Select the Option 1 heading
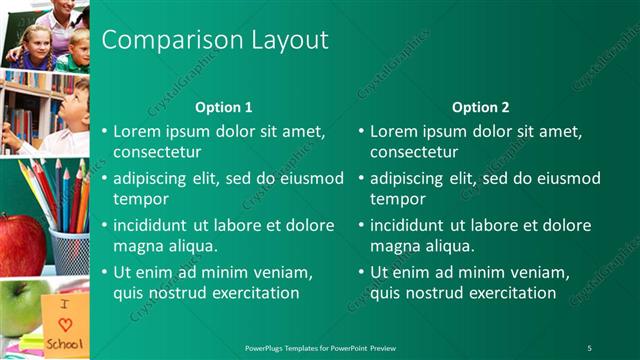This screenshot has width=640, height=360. (224, 107)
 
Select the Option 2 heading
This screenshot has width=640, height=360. (481, 107)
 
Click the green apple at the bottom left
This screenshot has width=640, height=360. (20, 305)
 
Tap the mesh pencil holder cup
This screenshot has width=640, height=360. (70, 251)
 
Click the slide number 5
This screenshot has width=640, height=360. (589, 347)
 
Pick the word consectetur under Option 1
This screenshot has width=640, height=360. (157, 152)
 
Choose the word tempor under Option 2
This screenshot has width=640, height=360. (398, 198)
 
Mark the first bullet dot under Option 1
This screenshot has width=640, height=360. (105, 131)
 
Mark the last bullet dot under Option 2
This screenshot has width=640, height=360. (362, 272)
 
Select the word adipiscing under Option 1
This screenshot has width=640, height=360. (152, 179)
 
